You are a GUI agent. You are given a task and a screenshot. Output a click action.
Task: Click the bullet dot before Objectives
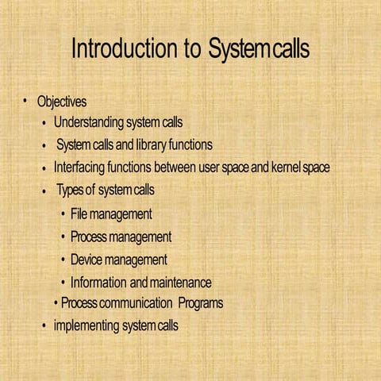coord(25,101)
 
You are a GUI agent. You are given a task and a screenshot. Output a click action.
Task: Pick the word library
coord(145,146)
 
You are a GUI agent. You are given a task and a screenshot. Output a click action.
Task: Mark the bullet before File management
coord(63,214)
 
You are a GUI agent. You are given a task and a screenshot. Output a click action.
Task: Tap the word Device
coord(90,260)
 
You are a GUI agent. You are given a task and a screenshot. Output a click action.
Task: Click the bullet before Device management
coord(63,260)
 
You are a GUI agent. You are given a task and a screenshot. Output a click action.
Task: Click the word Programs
coord(200,303)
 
